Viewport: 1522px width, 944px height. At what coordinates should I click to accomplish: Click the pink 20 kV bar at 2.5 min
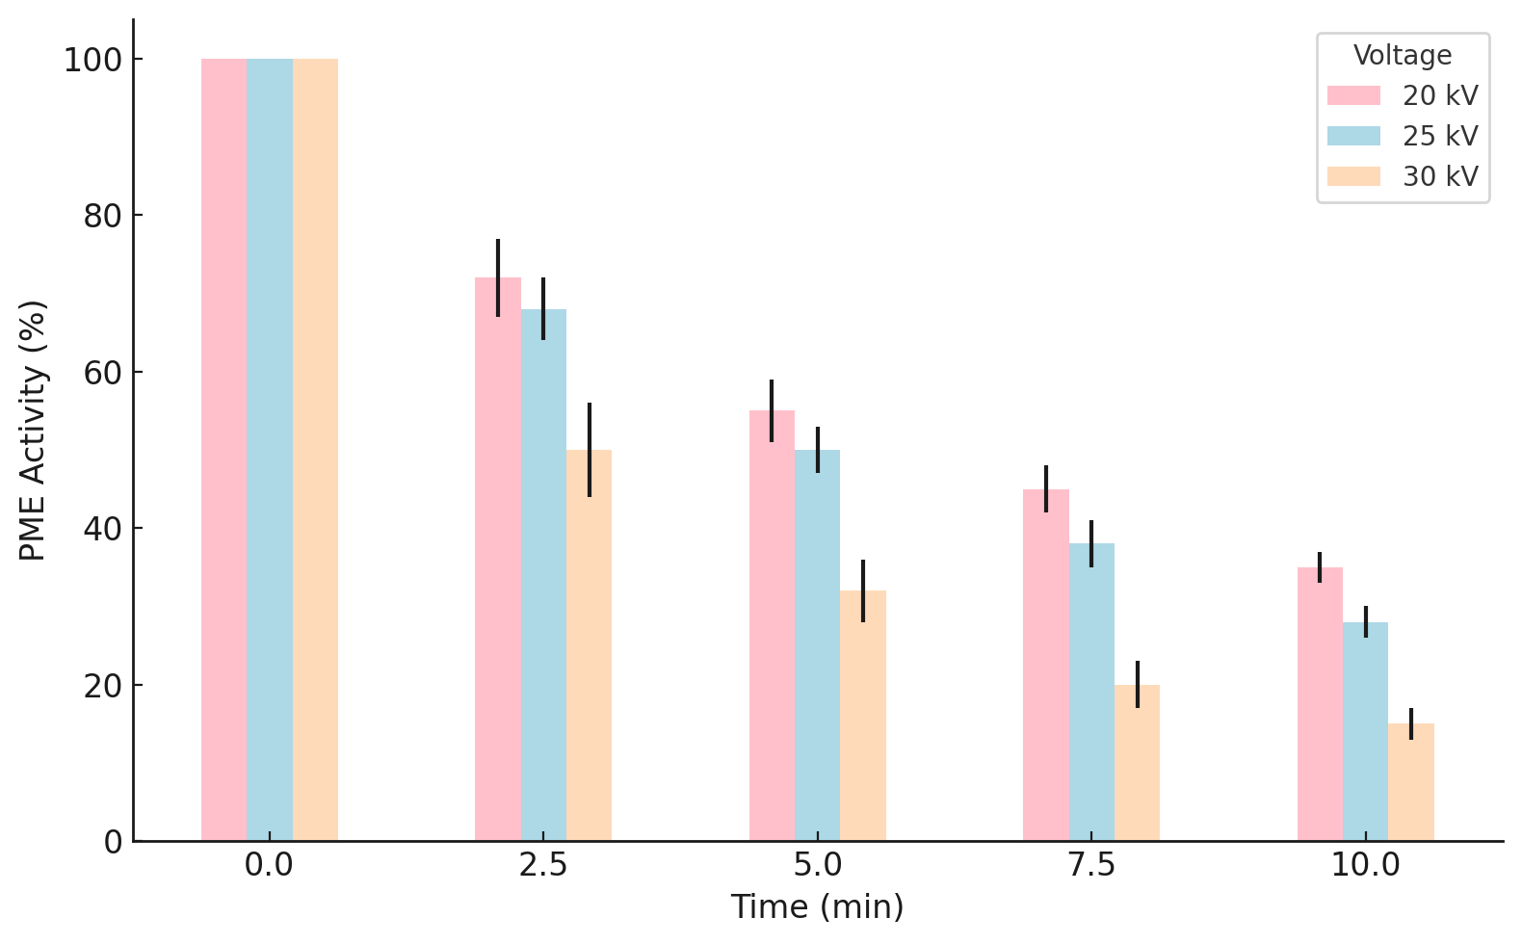[497, 559]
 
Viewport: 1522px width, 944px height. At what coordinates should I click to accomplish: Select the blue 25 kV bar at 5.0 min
[817, 645]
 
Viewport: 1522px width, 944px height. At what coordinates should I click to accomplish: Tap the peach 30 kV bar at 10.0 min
[1411, 782]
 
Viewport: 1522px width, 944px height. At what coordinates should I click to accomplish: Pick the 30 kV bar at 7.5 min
[1137, 763]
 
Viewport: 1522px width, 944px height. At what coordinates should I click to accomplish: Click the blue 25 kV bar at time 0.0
[269, 450]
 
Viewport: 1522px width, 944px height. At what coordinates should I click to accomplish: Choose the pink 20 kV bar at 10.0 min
[1320, 704]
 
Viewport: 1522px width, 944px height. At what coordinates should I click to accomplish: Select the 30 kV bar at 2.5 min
[589, 645]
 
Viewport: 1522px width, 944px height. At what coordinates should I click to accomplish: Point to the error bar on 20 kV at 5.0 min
[772, 410]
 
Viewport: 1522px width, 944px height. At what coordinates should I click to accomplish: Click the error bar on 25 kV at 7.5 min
[1091, 543]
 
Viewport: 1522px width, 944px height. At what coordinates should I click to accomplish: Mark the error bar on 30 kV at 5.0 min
[863, 590]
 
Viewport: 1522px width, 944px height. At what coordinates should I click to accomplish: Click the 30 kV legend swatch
[1353, 177]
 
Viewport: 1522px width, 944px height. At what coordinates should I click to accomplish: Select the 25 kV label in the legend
[1439, 137]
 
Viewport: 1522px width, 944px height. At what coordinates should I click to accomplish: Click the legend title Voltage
[1403, 56]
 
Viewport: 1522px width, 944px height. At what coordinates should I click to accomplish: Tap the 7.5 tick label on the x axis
[1091, 866]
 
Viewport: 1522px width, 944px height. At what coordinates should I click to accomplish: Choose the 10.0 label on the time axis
[1365, 866]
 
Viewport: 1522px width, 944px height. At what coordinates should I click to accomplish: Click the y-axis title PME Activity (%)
[33, 430]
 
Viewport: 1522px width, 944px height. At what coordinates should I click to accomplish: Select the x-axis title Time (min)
[817, 907]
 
